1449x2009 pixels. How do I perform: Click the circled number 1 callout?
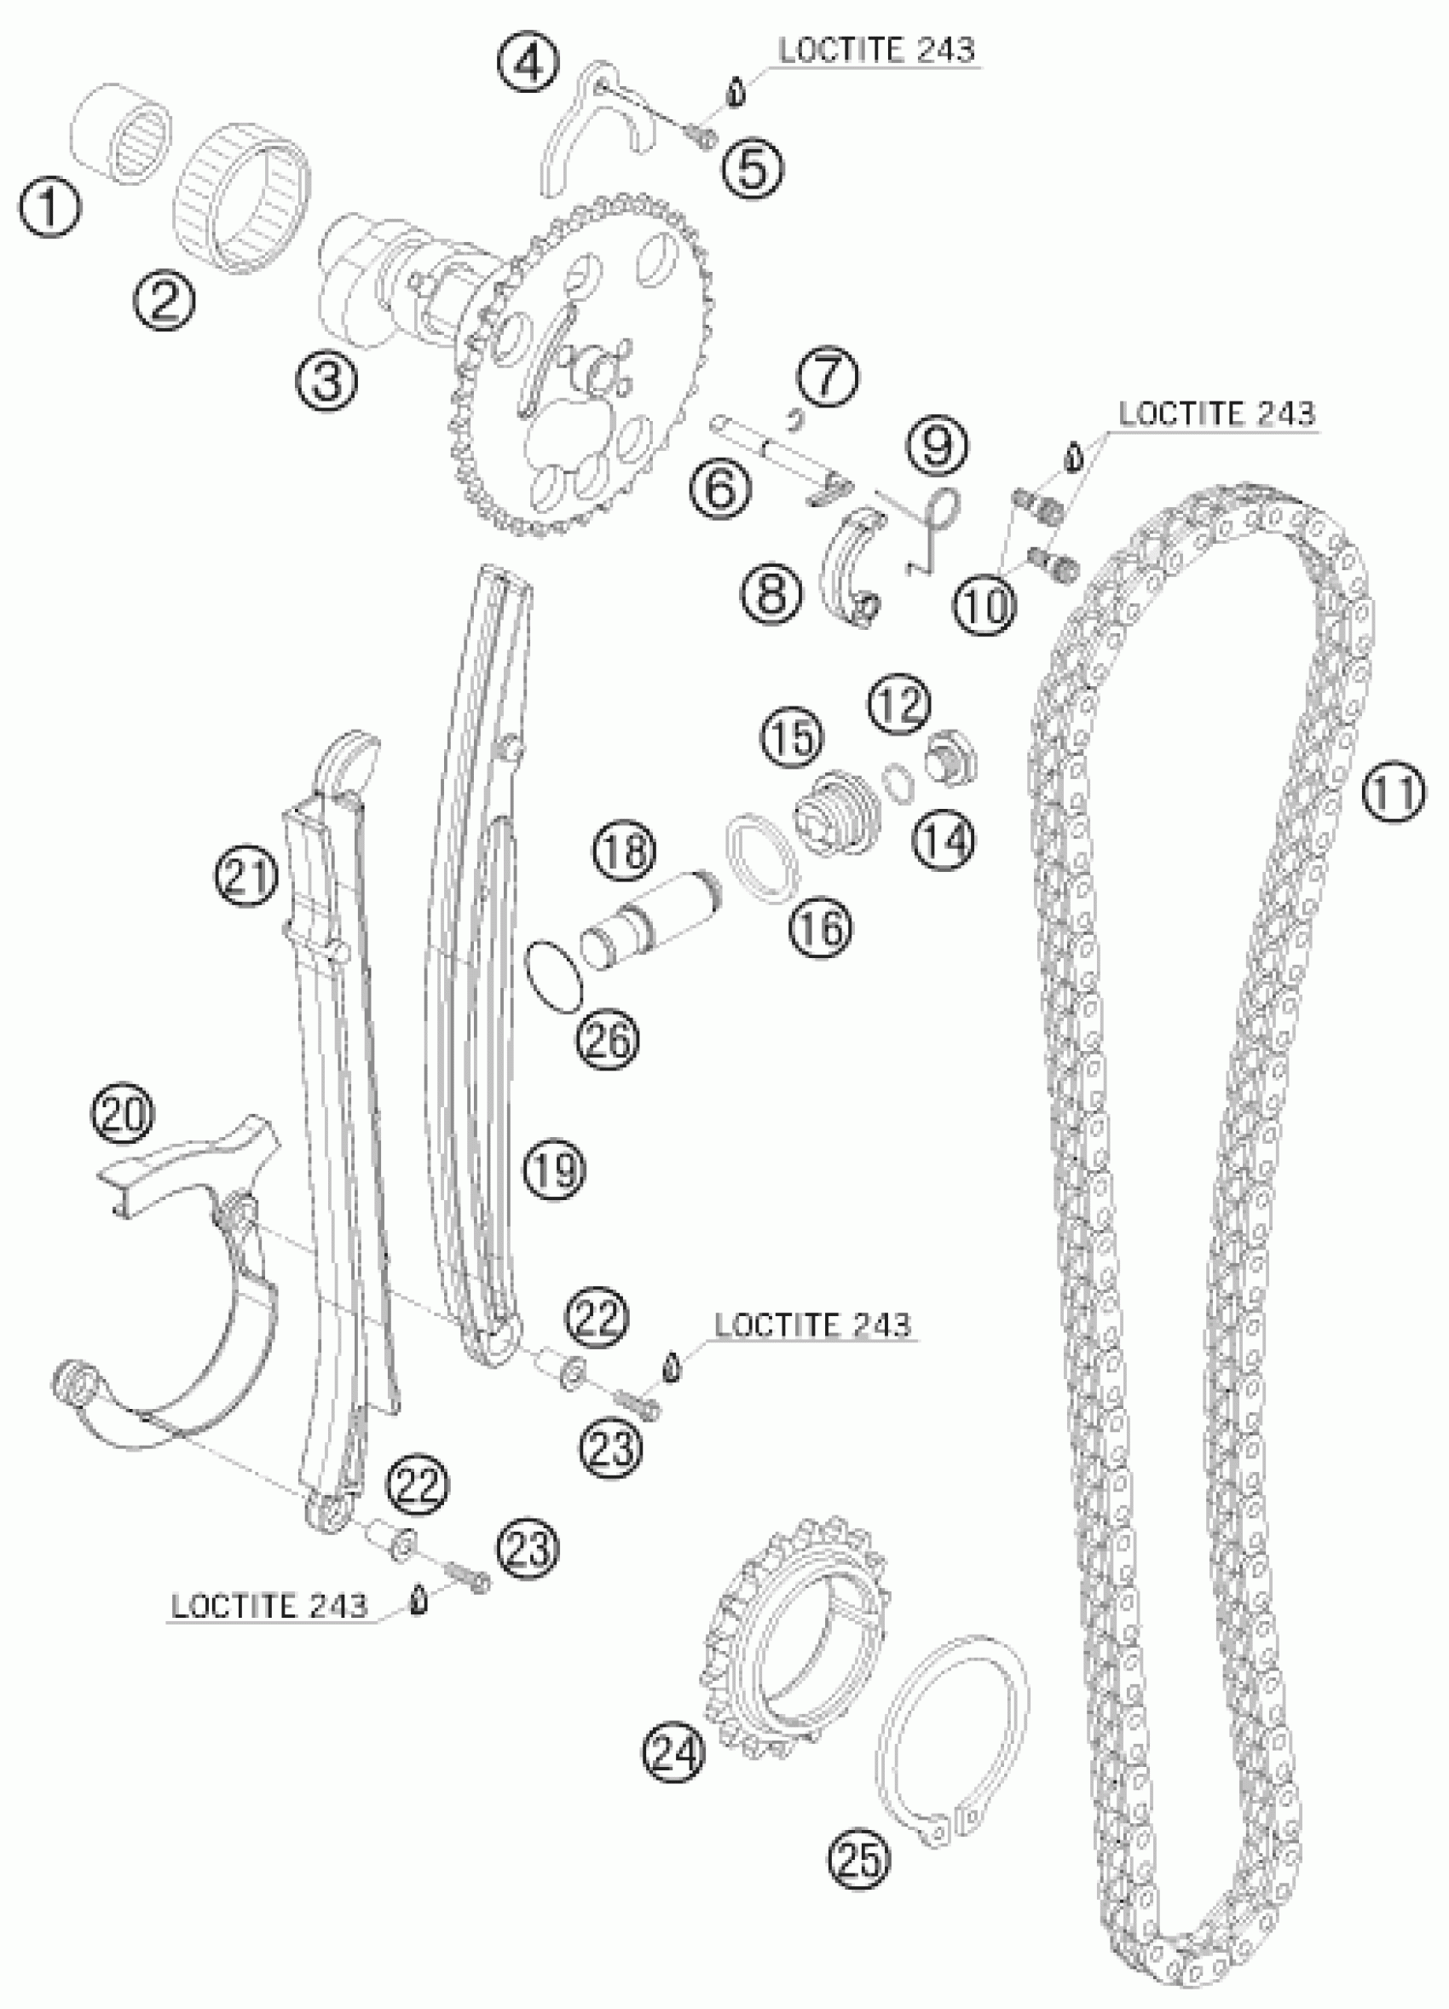49,206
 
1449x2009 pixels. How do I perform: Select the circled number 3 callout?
326,381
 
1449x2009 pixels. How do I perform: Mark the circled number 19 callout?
553,1168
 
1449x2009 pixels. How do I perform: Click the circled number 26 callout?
609,1036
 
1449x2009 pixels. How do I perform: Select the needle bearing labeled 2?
246,196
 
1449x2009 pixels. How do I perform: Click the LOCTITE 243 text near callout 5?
876,50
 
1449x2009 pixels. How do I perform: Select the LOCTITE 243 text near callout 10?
1217,413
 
